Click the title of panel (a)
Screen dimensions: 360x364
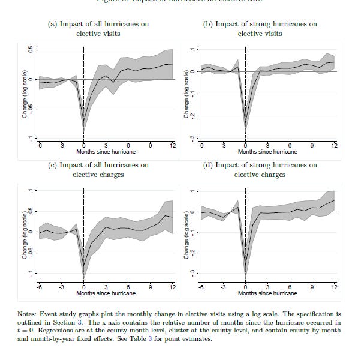pyautogui.click(x=98, y=29)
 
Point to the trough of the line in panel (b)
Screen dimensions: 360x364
pyautogui.click(x=245, y=127)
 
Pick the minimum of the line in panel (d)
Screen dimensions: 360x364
pyautogui.click(x=245, y=266)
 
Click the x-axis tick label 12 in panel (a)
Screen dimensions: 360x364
pyautogui.click(x=173, y=145)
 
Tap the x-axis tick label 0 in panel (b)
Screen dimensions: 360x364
pyautogui.click(x=245, y=145)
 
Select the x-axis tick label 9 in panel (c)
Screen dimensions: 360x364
pyautogui.click(x=151, y=287)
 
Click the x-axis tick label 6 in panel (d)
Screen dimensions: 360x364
pyautogui.click(x=290, y=287)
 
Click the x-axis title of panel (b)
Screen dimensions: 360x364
pyautogui.click(x=267, y=152)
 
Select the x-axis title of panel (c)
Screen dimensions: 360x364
pyautogui.click(x=106, y=293)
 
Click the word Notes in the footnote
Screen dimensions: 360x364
pyautogui.click(x=31, y=313)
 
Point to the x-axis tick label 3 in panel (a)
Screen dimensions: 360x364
pyautogui.click(x=106, y=145)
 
